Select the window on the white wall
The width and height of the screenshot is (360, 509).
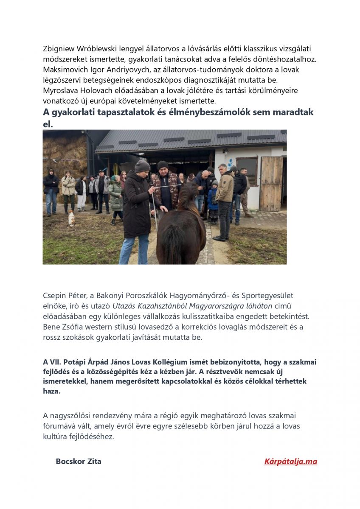click(x=247, y=169)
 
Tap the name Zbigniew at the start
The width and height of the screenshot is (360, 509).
click(x=59, y=49)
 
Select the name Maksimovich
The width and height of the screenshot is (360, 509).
click(x=64, y=70)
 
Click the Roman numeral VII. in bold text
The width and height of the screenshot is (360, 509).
click(x=56, y=362)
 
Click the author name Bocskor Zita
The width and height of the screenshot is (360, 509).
click(x=79, y=461)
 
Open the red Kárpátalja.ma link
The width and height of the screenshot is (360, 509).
click(x=290, y=461)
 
